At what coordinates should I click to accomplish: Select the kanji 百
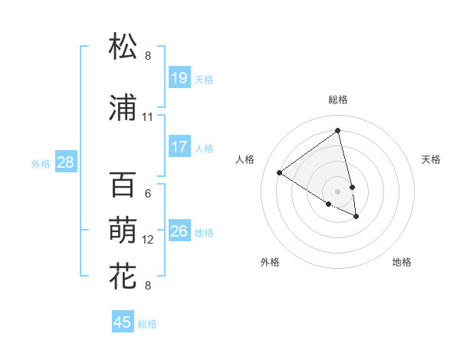(123, 185)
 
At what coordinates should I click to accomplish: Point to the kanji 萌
(123, 230)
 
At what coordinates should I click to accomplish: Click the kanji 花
(123, 275)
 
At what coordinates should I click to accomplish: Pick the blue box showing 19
(179, 78)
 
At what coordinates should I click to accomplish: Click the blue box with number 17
(179, 147)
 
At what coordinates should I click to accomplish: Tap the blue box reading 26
(179, 231)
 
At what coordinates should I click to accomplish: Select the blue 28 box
(66, 162)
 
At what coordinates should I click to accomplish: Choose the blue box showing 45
(123, 322)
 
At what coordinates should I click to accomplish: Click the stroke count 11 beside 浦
(147, 117)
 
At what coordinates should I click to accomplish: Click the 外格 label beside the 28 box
(41, 163)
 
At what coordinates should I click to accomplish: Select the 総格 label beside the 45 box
(147, 323)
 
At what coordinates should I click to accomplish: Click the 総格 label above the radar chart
(337, 100)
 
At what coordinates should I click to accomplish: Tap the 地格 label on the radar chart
(402, 262)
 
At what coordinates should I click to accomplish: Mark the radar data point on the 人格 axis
(279, 172)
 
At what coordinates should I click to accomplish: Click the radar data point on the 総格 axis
(337, 130)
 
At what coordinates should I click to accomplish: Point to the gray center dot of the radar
(337, 191)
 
